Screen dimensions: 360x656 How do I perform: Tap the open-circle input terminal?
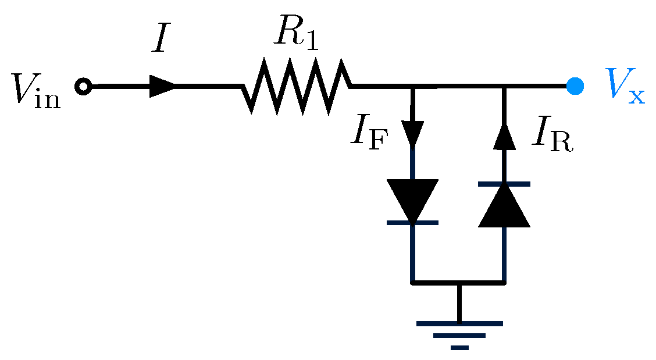click(83, 87)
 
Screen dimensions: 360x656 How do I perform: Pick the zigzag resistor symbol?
click(297, 86)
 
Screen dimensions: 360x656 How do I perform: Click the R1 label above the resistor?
click(296, 38)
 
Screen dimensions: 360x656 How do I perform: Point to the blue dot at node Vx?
click(575, 86)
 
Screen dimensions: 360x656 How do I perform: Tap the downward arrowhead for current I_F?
click(413, 134)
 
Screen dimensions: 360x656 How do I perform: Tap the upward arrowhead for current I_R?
click(504, 137)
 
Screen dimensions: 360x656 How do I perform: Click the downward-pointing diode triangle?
click(413, 200)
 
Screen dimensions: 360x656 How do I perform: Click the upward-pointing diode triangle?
click(504, 207)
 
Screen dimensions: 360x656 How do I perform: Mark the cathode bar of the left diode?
click(413, 223)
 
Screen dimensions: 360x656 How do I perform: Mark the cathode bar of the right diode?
click(504, 184)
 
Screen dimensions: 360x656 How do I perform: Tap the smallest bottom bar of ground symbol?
click(459, 348)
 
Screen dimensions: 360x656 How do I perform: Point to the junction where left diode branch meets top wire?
click(413, 87)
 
